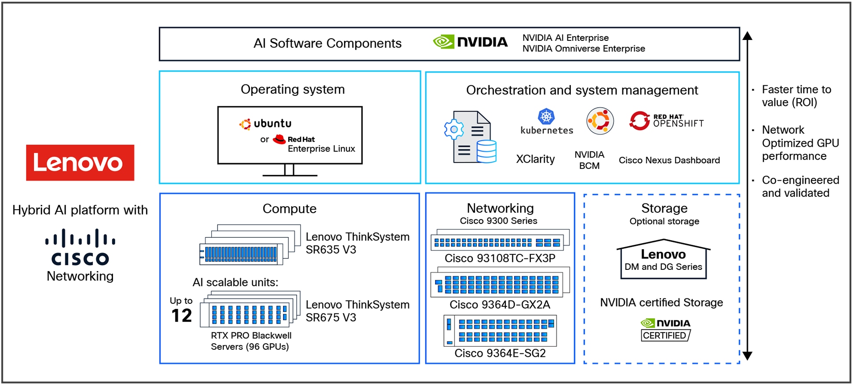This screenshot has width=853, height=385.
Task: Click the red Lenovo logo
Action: [x=80, y=163]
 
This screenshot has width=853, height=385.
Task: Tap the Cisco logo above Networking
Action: [x=80, y=247]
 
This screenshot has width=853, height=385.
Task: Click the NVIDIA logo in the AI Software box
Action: [x=470, y=42]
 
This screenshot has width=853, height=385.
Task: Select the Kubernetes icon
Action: [x=546, y=116]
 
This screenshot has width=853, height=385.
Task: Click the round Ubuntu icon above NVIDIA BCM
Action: [x=600, y=121]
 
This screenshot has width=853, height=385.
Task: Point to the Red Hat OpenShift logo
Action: [x=666, y=120]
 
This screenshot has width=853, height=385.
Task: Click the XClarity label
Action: [x=535, y=159]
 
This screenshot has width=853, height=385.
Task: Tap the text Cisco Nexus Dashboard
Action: [x=669, y=160]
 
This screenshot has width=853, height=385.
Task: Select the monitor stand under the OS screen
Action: [x=289, y=171]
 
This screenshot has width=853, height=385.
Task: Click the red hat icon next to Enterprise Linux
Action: [x=279, y=140]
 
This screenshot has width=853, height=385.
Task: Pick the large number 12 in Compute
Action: [x=181, y=316]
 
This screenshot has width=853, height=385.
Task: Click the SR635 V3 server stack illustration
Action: [x=250, y=245]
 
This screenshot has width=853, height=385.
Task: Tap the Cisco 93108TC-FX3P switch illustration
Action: [x=500, y=240]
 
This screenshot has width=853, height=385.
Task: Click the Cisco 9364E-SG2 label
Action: [x=500, y=353]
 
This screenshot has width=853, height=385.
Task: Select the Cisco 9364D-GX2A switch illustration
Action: [x=500, y=282]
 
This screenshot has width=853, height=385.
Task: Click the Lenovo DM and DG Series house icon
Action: [x=663, y=259]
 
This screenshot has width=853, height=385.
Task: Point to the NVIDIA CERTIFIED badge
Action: [x=665, y=330]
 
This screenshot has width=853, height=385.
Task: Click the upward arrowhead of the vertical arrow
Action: [x=748, y=36]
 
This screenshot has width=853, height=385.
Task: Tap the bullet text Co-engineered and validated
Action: [x=800, y=186]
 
